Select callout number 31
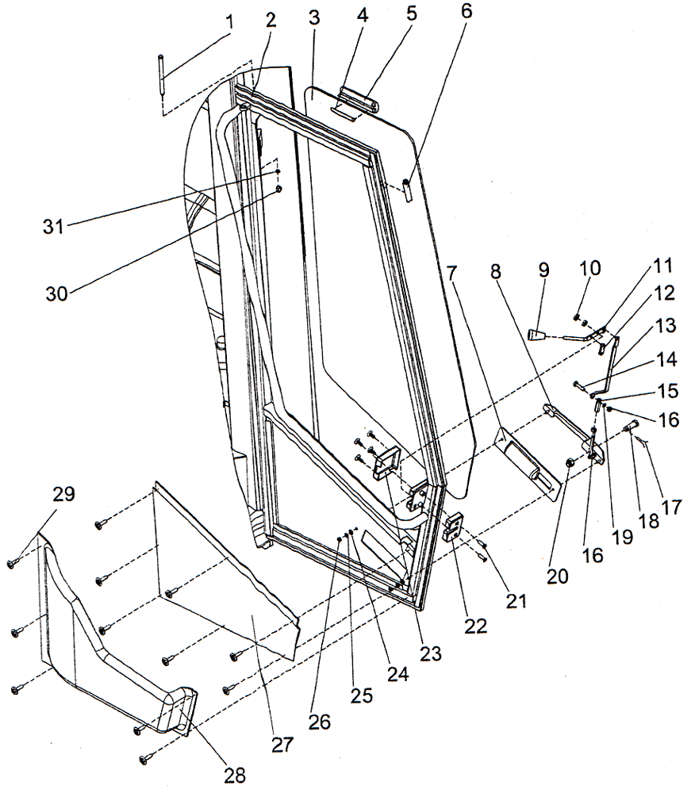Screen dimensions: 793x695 pos(53,227)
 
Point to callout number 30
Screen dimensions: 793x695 pos(56,291)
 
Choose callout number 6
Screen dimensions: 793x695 pos(465,17)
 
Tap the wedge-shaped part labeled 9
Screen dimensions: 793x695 pos(539,335)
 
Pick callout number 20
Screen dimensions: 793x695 pos(559,577)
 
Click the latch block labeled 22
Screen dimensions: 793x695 pos(453,527)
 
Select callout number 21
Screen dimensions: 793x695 pos(516,601)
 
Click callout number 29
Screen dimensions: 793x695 pos(63,494)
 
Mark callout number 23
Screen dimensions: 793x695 pos(431,654)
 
